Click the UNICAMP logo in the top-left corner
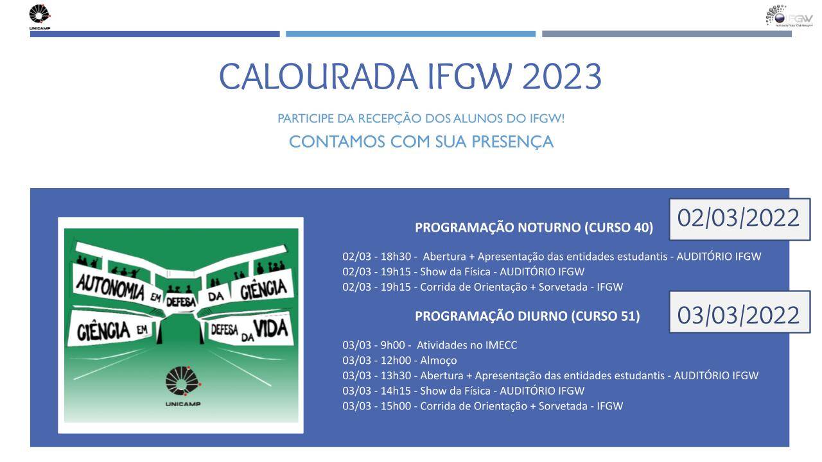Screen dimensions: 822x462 pyautogui.click(x=40, y=17)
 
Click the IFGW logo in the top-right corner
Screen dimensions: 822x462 pyautogui.click(x=789, y=16)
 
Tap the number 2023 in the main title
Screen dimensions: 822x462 pyautogui.click(x=561, y=76)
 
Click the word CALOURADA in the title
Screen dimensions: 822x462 pyautogui.click(x=318, y=76)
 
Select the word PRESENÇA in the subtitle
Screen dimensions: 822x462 pyautogui.click(x=512, y=142)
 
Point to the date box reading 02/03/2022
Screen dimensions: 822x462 pyautogui.click(x=740, y=219)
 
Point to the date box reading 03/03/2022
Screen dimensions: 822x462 pyautogui.click(x=740, y=312)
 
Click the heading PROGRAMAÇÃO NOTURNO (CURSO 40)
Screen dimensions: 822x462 pyautogui.click(x=534, y=227)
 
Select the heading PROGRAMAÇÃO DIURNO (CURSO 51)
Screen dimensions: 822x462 pyautogui.click(x=527, y=316)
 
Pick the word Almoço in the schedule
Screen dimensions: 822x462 pyautogui.click(x=439, y=361)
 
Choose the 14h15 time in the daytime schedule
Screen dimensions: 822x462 pyautogui.click(x=396, y=391)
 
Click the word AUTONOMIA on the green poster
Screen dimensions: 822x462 pyautogui.click(x=110, y=287)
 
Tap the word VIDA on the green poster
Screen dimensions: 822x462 pyautogui.click(x=271, y=328)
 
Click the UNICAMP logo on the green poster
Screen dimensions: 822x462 pyautogui.click(x=183, y=386)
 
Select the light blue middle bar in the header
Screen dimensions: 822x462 pyautogui.click(x=410, y=34)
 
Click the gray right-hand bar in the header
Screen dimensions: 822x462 pyautogui.click(x=667, y=34)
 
